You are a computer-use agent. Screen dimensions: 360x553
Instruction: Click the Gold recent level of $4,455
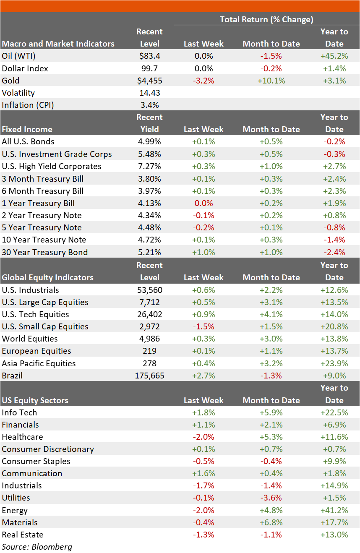pos(150,81)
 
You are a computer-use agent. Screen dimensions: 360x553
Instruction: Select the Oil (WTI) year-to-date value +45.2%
pos(334,56)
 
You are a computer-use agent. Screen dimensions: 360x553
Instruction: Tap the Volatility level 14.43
pos(150,93)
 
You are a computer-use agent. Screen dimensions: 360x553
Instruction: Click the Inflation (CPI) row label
pos(28,105)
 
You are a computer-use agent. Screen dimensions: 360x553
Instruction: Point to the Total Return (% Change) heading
pos(266,19)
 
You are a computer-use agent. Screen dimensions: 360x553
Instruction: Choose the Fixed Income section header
pos(27,129)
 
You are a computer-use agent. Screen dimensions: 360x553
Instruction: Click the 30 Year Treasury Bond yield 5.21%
pos(149,252)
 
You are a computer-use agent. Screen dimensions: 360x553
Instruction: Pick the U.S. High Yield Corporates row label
pos(51,167)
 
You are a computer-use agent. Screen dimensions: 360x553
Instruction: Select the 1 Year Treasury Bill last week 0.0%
pos(203,203)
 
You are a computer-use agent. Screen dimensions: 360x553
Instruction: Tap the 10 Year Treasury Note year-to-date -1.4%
pos(334,240)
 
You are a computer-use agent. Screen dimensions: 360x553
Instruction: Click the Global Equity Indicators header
pos(47,277)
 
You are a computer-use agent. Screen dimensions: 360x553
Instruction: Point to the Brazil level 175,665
pos(149,376)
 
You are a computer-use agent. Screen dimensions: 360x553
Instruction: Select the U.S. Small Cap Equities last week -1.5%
pos(203,326)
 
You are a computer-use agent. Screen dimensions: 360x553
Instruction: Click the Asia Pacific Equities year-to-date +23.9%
pos(334,364)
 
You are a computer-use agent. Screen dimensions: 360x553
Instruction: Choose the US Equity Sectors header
pos(35,400)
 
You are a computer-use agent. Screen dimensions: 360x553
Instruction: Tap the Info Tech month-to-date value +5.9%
pos(271,413)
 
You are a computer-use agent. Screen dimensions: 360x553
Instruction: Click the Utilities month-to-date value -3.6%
pos(271,498)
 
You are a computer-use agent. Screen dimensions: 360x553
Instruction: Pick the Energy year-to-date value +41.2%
pos(334,511)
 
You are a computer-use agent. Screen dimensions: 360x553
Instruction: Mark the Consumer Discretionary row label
pos(48,449)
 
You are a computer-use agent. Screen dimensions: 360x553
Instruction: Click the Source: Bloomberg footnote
pos(37,547)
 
